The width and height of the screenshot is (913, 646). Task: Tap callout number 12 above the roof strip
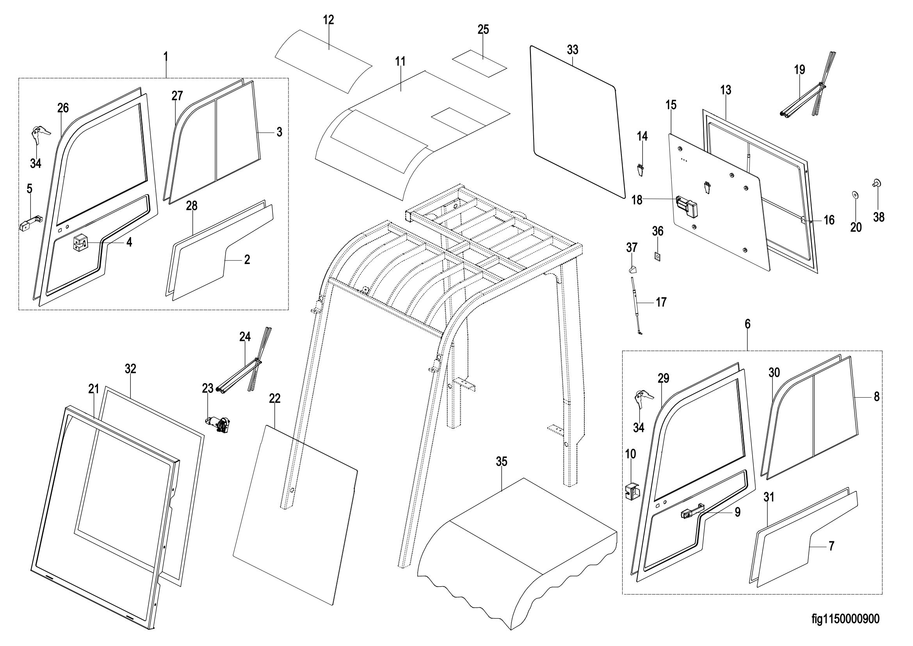coord(328,20)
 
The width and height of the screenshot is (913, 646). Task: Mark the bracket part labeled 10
coord(632,491)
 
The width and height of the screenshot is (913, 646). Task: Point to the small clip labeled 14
coord(640,170)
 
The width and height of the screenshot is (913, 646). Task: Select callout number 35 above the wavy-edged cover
coord(502,461)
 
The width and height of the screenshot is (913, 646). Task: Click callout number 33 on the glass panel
coord(573,50)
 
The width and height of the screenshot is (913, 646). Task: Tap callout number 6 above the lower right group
coord(747,324)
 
